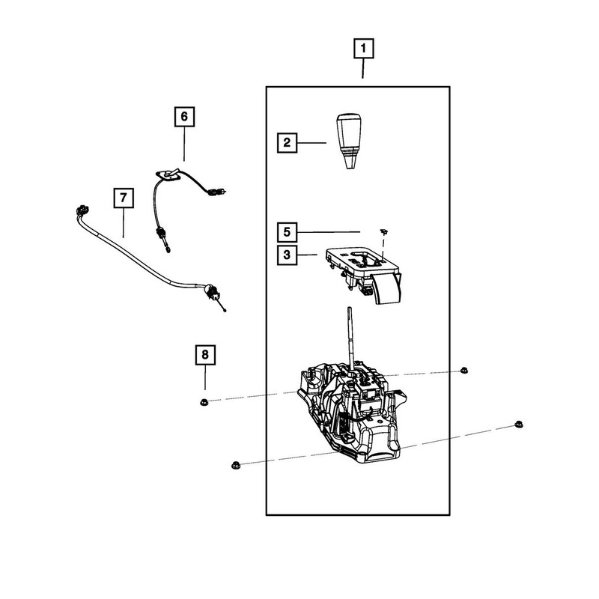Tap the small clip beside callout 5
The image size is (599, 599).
tap(383, 232)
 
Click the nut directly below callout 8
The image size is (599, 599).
tap(204, 403)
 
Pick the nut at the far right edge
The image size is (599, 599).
tap(517, 425)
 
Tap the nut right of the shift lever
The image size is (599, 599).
tap(465, 370)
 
